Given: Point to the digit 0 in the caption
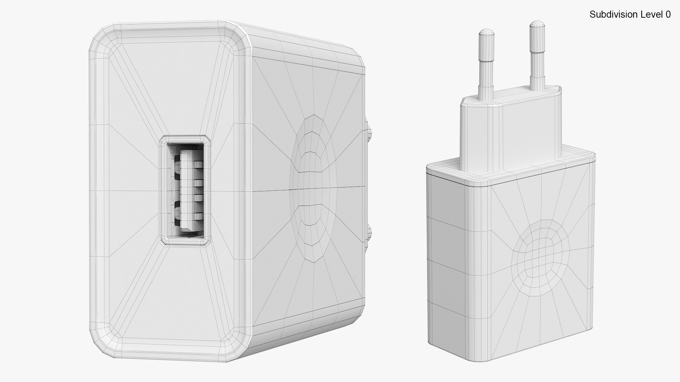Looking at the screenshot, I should tap(668, 15).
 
